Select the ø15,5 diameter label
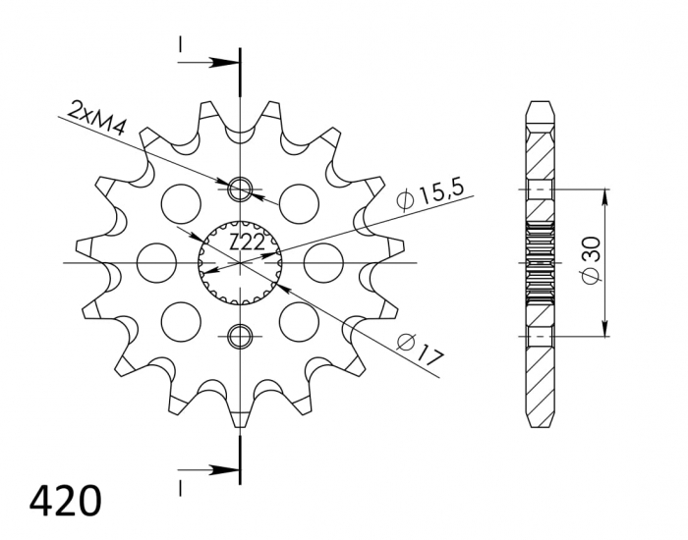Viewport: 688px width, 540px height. coord(430,193)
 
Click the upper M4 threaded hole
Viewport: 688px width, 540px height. coord(240,189)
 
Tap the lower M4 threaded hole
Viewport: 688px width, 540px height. coord(240,338)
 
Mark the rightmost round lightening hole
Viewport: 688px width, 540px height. coord(322,262)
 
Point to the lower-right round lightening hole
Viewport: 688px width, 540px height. coord(300,320)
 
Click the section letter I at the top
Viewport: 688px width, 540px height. coord(180,45)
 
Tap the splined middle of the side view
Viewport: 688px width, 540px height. coord(541,263)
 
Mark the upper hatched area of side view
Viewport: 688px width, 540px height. coord(541,147)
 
